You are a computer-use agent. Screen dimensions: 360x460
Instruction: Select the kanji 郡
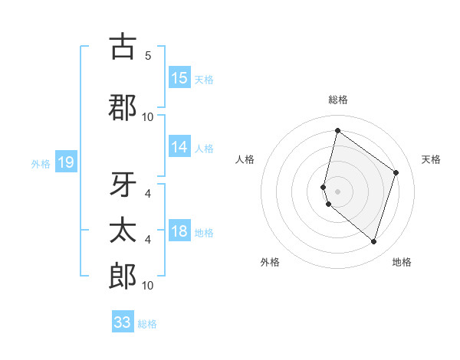coord(123,107)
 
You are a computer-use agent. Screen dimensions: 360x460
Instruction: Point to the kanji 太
coord(123,230)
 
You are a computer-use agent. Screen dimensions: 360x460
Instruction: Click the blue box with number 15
coord(179,78)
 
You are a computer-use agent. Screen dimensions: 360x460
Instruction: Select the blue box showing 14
coord(179,148)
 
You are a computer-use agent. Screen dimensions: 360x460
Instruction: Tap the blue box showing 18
coord(179,232)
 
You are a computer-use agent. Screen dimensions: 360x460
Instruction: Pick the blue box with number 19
coord(65,162)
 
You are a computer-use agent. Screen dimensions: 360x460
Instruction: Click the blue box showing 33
coord(123,322)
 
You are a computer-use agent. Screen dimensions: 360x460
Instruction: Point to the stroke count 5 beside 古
coord(148,56)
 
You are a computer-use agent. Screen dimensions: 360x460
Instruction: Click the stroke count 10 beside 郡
coord(148,116)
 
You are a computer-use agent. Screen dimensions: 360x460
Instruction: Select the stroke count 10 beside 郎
coord(148,286)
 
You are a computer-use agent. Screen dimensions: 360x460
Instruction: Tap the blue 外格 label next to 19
coord(41,163)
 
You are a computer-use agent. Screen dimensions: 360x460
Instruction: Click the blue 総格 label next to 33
coord(148,323)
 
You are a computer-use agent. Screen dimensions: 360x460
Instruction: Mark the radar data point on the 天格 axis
coord(396,172)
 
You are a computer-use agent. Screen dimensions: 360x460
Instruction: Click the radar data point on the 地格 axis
coord(373,242)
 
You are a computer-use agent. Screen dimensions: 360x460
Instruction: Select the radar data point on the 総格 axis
coord(337,130)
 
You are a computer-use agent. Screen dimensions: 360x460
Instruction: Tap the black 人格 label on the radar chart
coord(245,159)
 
